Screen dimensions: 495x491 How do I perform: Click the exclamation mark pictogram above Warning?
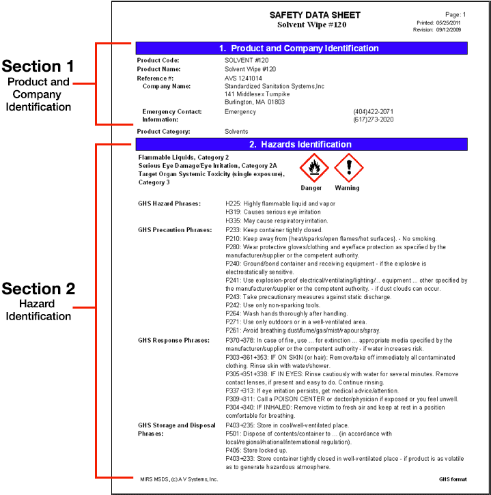point(348,167)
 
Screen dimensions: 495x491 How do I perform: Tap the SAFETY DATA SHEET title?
point(315,15)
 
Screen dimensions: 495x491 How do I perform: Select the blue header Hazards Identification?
point(301,144)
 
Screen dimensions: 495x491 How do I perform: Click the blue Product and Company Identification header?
point(301,48)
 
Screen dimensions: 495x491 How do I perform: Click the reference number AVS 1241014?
point(243,78)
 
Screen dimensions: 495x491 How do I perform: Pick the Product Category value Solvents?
point(236,131)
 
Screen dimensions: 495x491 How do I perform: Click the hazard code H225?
point(233,203)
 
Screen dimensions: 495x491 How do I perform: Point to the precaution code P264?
point(233,313)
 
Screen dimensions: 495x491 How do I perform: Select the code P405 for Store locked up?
point(233,450)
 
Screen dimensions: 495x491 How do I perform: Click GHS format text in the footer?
point(453,479)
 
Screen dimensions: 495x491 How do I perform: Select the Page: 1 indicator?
point(455,14)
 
